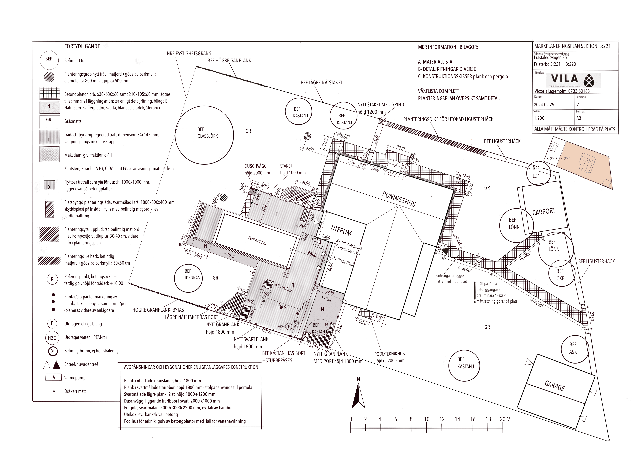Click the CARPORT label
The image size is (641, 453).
544,212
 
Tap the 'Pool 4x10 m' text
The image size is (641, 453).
257,241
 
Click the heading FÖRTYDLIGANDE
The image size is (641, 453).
82,46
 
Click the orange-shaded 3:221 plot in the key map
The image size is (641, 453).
583,165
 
